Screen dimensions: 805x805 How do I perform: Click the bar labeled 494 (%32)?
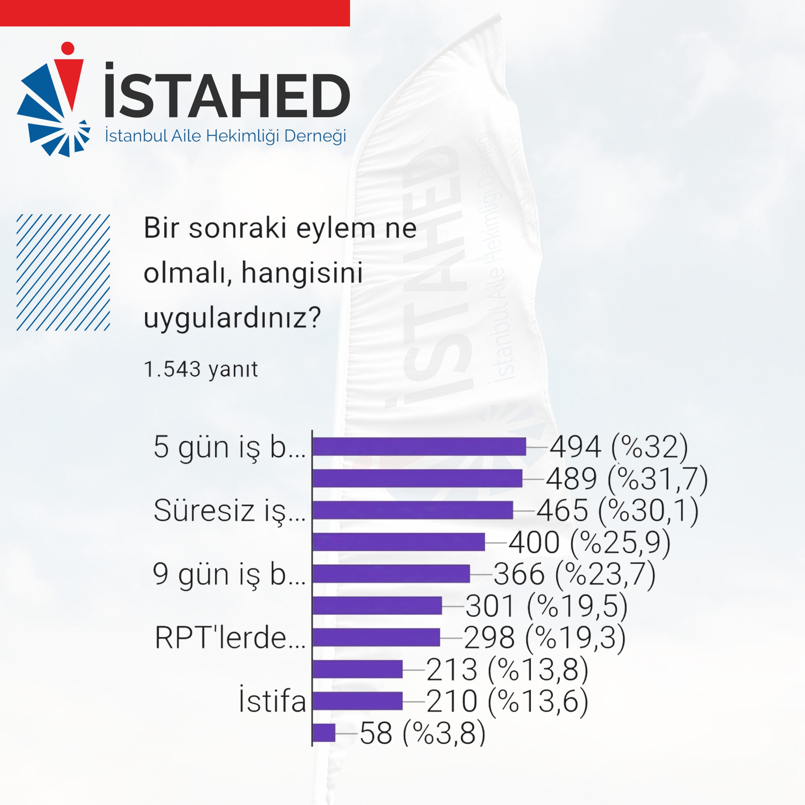tap(419, 447)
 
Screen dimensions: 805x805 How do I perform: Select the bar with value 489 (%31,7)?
tap(418, 478)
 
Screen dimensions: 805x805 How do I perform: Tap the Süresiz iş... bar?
tap(413, 510)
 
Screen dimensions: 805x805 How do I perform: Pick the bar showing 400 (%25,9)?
tap(399, 542)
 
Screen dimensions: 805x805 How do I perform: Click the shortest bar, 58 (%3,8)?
tap(324, 732)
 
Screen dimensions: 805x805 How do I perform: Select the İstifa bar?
tap(358, 701)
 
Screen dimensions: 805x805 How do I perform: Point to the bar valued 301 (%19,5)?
tap(377, 605)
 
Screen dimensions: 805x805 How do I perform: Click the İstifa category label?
tap(273, 701)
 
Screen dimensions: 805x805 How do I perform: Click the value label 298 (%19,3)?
tap(545, 637)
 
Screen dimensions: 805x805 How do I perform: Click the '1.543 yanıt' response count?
tap(201, 369)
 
